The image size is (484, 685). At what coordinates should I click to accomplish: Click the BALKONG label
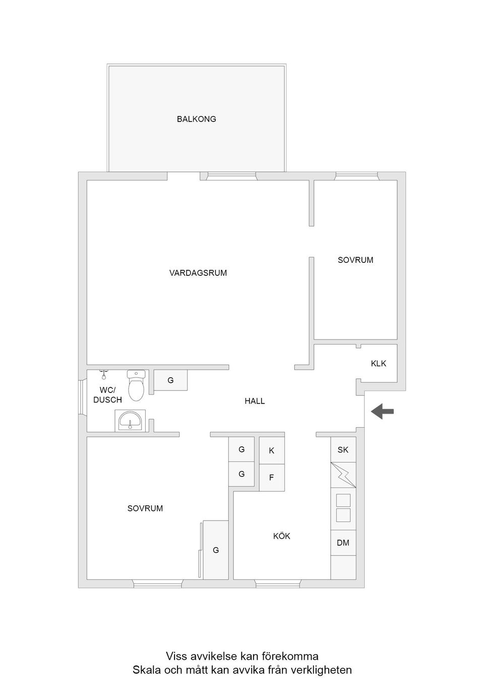pos(196,119)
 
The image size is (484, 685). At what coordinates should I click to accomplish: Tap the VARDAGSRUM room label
pos(198,273)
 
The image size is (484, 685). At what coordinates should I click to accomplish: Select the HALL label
pos(255,401)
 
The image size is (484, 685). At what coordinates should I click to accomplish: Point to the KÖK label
pos(281,536)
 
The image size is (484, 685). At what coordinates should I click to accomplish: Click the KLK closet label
pos(378,363)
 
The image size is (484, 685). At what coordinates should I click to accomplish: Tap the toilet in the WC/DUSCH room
pos(136,386)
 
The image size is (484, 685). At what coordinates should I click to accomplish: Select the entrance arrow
pos(382,412)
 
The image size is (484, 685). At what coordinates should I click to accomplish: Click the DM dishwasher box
pos(343,543)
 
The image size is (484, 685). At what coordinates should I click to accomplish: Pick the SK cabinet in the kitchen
pos(343,449)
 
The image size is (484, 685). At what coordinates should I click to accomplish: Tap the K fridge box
pos(272,450)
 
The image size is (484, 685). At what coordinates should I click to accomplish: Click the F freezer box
pos(272,477)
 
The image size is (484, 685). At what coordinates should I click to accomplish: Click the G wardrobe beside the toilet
pos(170,380)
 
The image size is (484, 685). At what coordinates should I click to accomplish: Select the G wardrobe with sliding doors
pos(215,550)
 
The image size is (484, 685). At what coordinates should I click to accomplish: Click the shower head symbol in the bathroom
pos(104,375)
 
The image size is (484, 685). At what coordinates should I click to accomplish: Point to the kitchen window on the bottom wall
pos(278,584)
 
